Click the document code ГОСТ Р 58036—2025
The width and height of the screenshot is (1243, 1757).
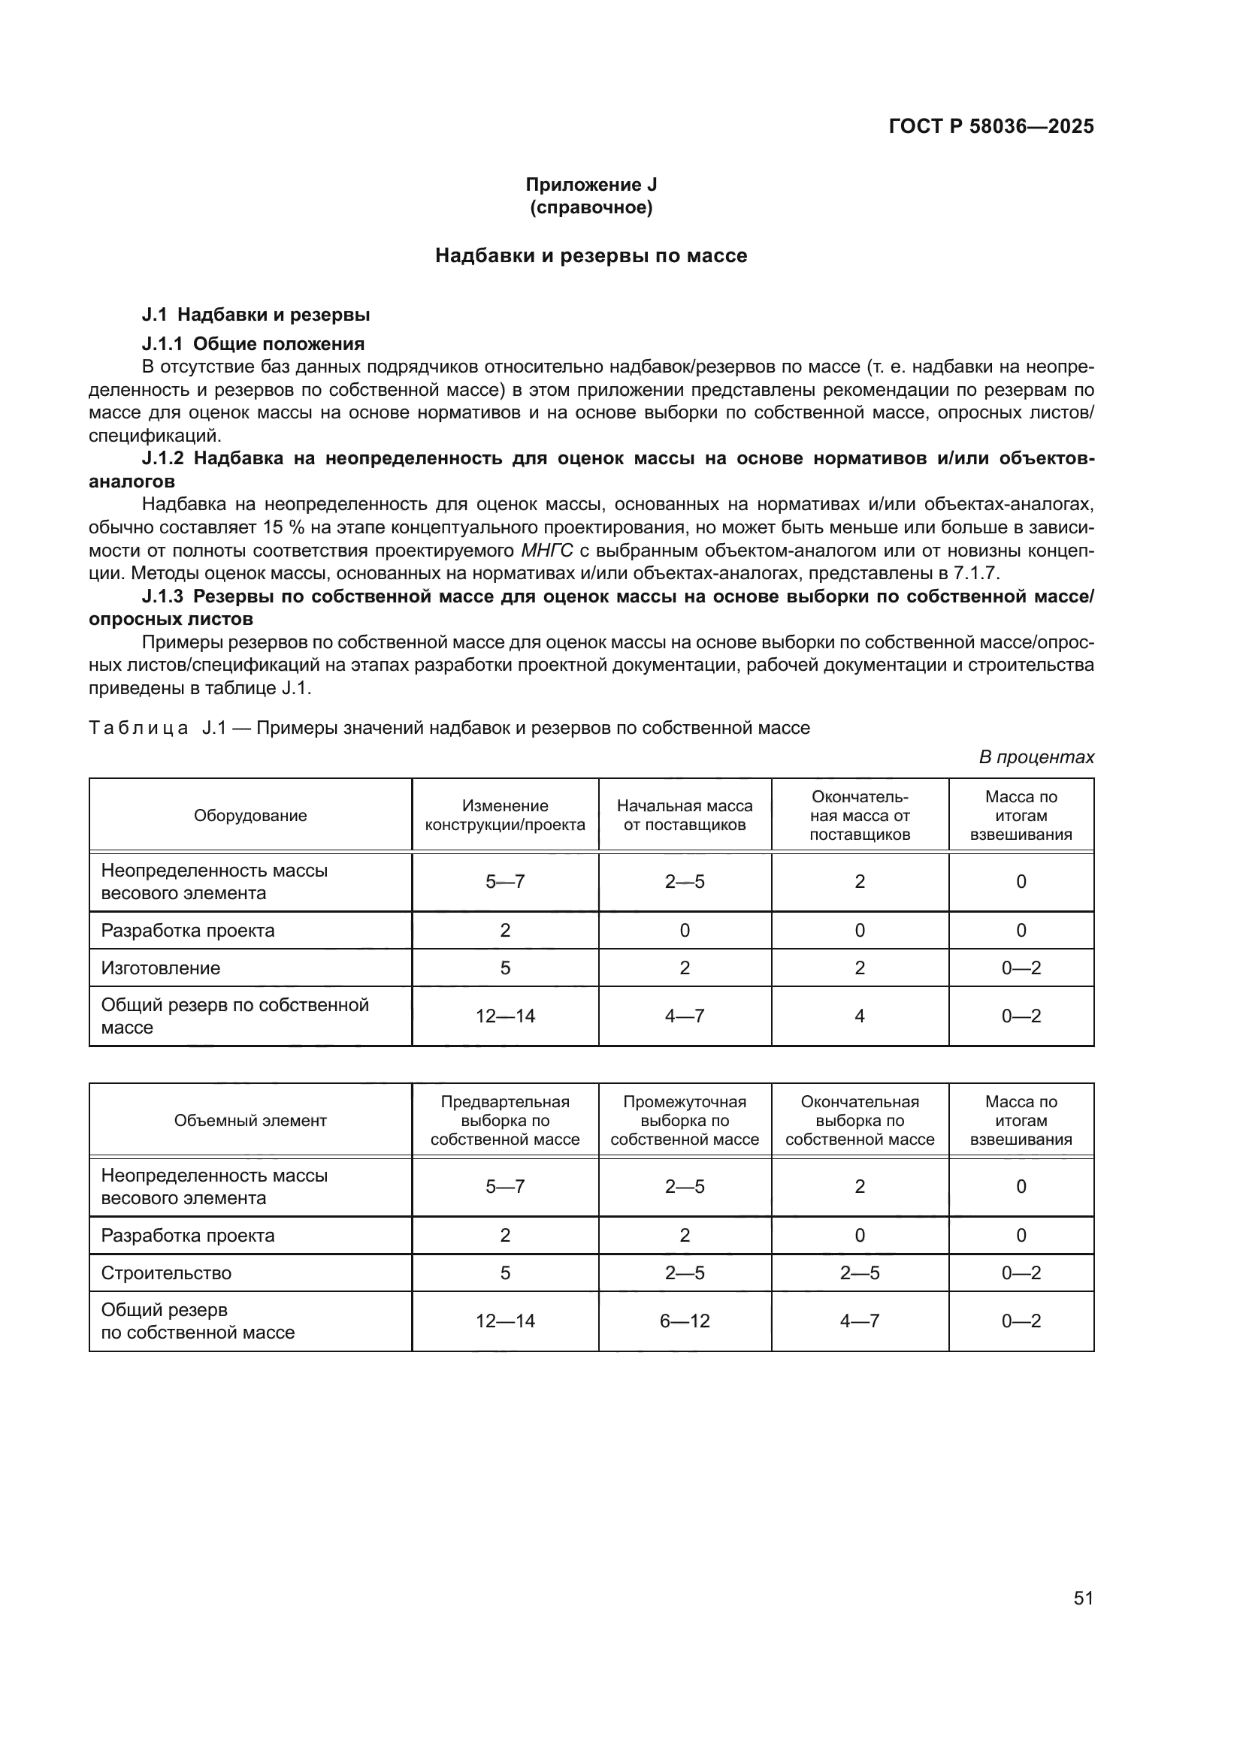[x=990, y=126]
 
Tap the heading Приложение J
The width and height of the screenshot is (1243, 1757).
[x=590, y=185]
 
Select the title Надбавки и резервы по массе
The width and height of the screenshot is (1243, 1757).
[x=590, y=255]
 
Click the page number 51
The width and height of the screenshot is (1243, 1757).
[x=1083, y=1598]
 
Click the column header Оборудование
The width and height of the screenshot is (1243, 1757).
[x=250, y=816]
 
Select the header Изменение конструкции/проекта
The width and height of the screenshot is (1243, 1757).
[x=504, y=815]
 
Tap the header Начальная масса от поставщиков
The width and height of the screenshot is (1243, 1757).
[x=685, y=815]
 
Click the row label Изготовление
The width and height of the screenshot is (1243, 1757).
[x=161, y=968]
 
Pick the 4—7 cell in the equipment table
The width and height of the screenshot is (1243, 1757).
[x=685, y=1016]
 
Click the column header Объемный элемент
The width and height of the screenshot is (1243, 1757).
[x=250, y=1120]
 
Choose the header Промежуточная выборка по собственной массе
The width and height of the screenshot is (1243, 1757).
[x=685, y=1120]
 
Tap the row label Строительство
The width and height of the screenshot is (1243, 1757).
[x=166, y=1272]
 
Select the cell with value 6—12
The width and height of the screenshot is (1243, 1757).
[x=685, y=1321]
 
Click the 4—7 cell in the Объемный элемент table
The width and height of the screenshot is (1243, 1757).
[x=860, y=1321]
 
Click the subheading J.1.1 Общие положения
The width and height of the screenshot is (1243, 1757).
[x=253, y=343]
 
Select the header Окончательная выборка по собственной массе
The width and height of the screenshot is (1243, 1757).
[x=860, y=1120]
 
